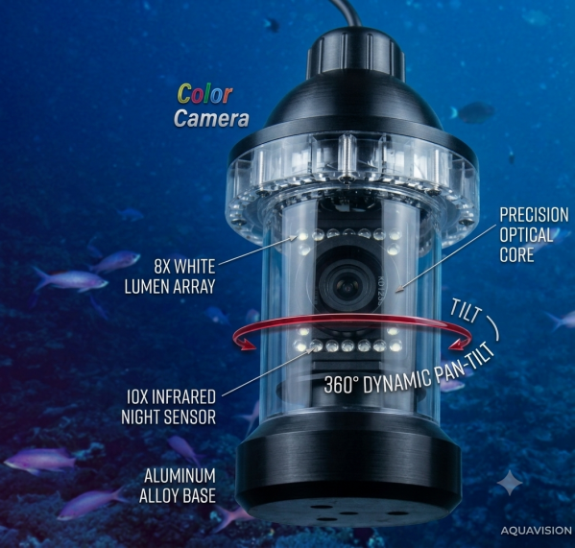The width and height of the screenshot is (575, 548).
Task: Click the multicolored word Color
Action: tap(204, 94)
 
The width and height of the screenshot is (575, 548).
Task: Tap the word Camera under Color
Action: tap(211, 118)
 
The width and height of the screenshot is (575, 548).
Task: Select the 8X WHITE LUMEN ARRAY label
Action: tap(170, 276)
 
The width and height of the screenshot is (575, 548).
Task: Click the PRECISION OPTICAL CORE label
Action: tap(534, 235)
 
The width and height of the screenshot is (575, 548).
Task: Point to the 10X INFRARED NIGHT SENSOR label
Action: tap(169, 407)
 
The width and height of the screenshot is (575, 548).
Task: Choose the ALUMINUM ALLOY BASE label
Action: tap(178, 486)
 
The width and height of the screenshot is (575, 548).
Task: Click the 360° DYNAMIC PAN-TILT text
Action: tap(409, 370)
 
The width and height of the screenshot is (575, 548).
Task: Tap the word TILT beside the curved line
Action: tap(465, 312)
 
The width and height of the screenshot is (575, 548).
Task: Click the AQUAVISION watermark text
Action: tap(537, 530)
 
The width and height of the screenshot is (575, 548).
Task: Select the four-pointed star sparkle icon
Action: tap(510, 483)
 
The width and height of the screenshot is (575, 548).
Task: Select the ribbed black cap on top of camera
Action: tap(355, 52)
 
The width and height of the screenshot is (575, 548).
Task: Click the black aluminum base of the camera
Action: tap(348, 477)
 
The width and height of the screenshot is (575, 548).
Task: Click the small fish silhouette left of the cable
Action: tap(272, 25)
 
